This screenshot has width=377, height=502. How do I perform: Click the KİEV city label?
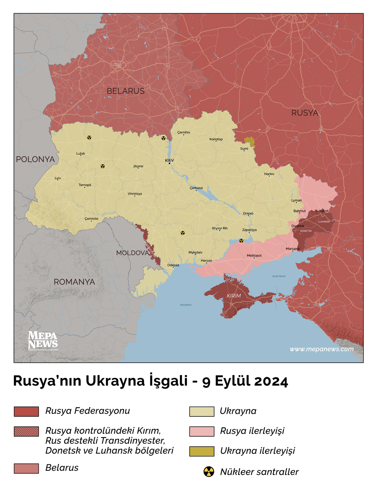click(x=169, y=161)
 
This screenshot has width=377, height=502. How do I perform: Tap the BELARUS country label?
click(x=126, y=91)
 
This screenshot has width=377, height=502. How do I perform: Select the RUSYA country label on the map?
click(x=305, y=113)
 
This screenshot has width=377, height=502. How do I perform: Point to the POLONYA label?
click(x=35, y=159)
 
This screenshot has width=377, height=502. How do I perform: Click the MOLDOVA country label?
click(x=132, y=253)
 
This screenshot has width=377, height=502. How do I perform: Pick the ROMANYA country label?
click(x=74, y=282)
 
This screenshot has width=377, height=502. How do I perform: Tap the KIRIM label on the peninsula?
click(x=234, y=296)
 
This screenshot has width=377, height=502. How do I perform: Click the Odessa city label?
click(x=173, y=265)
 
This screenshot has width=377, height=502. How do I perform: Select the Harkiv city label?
click(x=269, y=174)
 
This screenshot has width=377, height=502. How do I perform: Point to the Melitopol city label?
click(x=254, y=256)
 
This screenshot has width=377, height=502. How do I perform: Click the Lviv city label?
click(x=58, y=178)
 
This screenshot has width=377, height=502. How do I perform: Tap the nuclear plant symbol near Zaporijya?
click(x=241, y=241)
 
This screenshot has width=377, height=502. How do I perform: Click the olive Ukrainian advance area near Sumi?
click(x=250, y=141)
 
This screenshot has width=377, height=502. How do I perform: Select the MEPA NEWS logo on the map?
click(x=43, y=341)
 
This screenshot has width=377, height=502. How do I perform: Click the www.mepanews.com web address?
click(x=322, y=349)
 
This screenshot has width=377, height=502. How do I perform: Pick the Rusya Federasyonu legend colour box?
click(x=26, y=412)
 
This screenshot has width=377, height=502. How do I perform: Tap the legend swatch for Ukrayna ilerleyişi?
click(x=202, y=451)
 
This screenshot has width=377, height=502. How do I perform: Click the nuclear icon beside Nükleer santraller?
click(x=209, y=471)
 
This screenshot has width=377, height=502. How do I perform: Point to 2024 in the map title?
click(x=271, y=381)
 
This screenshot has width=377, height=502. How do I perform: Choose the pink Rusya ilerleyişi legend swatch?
click(x=202, y=432)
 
